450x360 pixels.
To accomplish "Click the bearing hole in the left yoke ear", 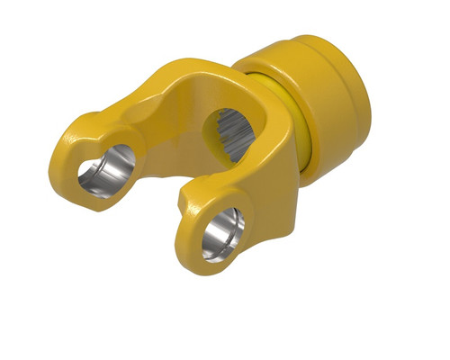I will tap(105, 171).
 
